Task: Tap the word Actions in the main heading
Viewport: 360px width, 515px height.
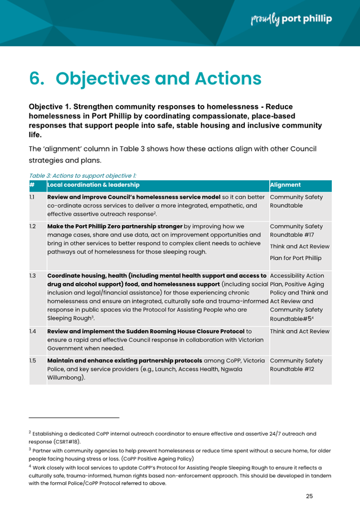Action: [x=220, y=78]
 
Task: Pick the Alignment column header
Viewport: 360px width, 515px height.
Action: [x=286, y=185]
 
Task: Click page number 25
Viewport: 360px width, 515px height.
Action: [x=309, y=496]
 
